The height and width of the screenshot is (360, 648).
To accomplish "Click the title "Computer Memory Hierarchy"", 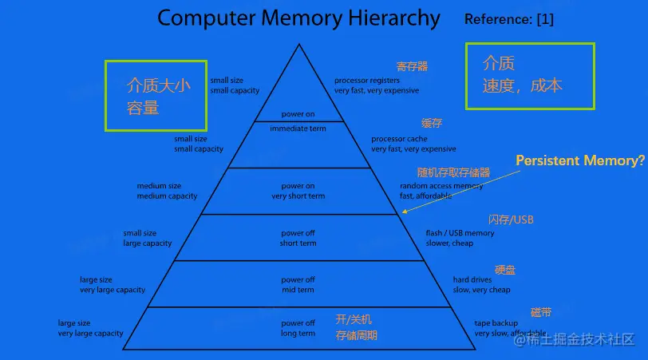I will click(x=298, y=18).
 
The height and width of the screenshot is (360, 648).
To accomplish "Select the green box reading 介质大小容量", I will click(x=156, y=96).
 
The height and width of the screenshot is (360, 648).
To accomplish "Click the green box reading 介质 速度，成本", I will click(x=530, y=75).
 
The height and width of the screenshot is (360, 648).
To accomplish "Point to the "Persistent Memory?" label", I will click(x=579, y=160).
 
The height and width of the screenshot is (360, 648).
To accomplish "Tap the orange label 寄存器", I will click(x=412, y=66).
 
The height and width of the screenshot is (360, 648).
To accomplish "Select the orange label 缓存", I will click(x=432, y=124).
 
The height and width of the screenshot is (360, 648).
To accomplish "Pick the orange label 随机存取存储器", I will click(x=453, y=172).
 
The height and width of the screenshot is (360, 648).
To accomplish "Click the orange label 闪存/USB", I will click(x=511, y=220).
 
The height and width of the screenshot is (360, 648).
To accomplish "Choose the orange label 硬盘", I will click(x=505, y=270).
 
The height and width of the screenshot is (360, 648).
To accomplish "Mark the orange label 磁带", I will click(x=540, y=311).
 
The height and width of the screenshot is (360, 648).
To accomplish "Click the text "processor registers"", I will click(x=366, y=81).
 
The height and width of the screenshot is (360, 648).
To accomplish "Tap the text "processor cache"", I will click(x=399, y=139).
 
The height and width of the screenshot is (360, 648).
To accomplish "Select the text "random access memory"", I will click(x=441, y=186).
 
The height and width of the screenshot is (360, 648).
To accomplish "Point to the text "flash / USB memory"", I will click(x=460, y=233).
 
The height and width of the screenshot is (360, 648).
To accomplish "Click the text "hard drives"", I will click(x=472, y=280).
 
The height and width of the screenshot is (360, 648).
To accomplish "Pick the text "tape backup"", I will click(x=496, y=323).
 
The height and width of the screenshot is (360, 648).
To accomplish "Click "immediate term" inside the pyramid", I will click(x=298, y=129).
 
